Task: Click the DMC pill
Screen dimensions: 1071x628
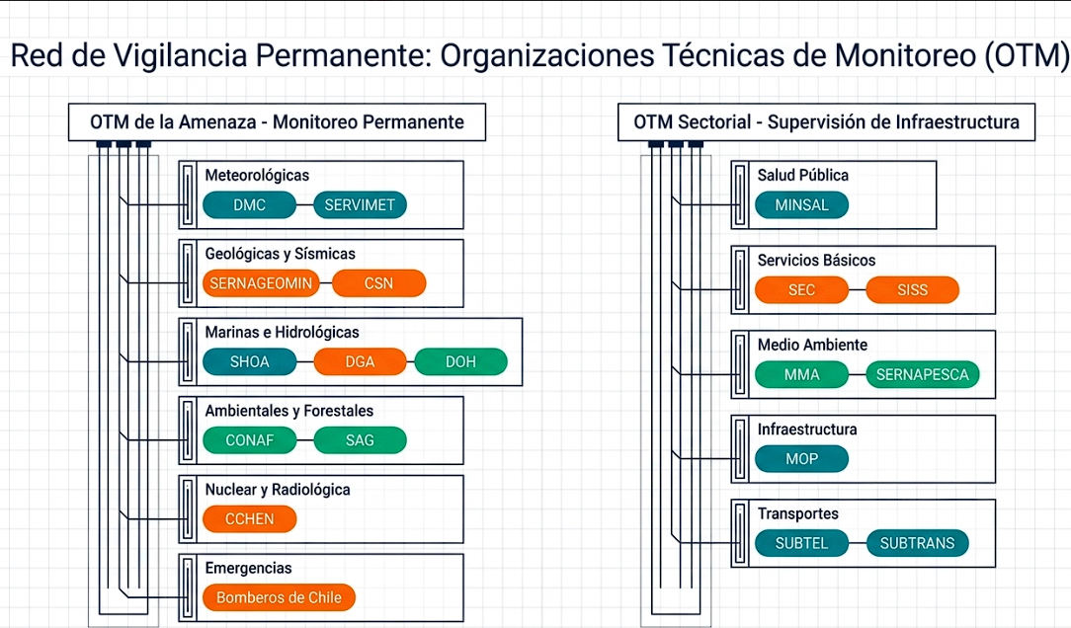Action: tap(249, 204)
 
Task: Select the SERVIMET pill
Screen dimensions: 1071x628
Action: tap(360, 204)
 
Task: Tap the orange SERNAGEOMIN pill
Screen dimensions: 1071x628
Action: tap(261, 283)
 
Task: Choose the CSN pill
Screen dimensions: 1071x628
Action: tap(379, 283)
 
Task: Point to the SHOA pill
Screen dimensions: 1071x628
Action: tap(249, 361)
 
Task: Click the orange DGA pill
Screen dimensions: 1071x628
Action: tap(360, 361)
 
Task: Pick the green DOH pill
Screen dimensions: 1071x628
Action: tap(461, 361)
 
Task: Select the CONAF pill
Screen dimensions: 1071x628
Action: tap(249, 440)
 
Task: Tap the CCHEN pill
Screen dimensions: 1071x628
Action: tap(249, 518)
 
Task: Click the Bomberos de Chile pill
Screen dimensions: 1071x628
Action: tap(279, 597)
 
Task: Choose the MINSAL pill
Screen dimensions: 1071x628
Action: tap(802, 204)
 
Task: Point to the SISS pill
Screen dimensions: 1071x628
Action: tap(913, 289)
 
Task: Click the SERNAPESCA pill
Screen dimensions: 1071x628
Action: tap(923, 374)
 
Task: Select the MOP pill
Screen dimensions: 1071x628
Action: tap(802, 459)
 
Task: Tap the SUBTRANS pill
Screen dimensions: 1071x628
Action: tap(917, 543)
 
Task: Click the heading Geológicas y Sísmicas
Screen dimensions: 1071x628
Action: tap(280, 254)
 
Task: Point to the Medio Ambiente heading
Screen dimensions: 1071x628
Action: tap(812, 345)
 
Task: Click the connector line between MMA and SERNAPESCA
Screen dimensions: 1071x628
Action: tap(858, 374)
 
